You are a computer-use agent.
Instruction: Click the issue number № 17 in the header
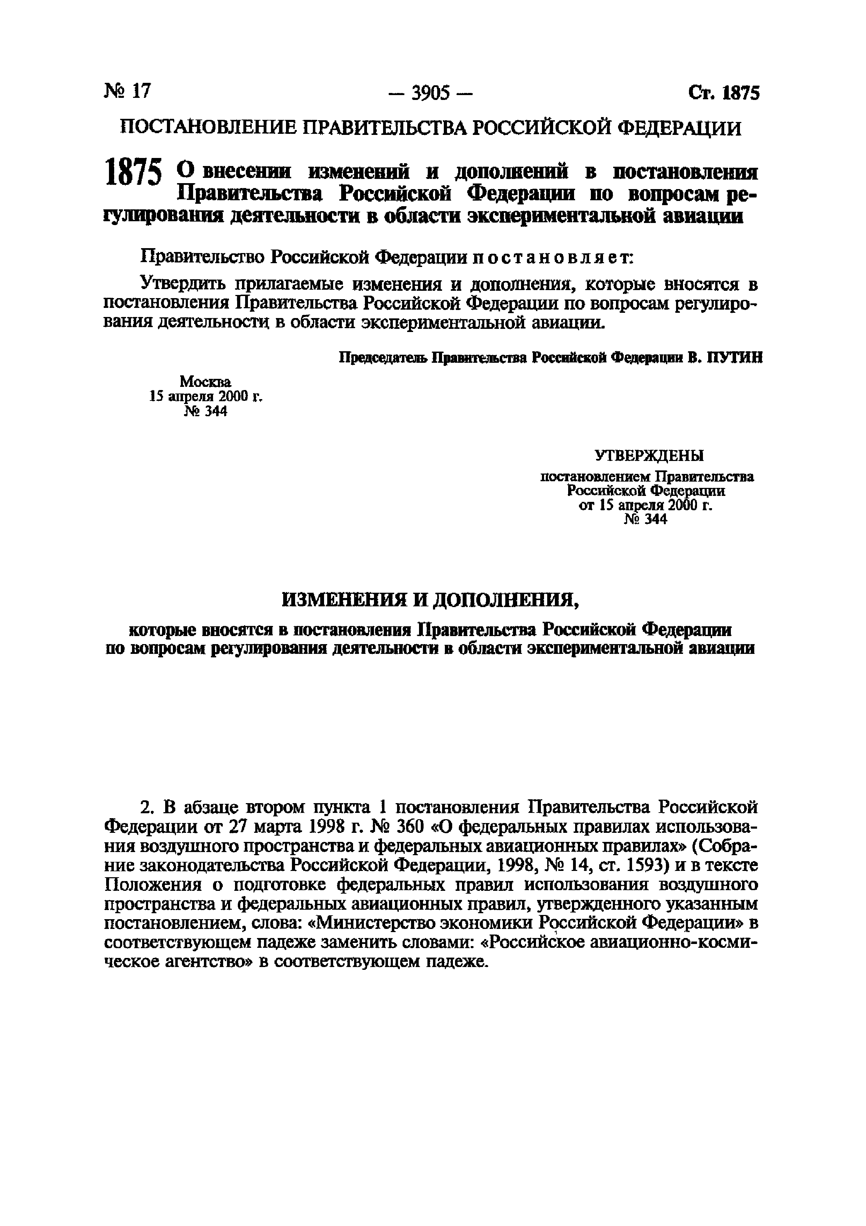[x=128, y=91]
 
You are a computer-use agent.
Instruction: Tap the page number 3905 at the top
[x=431, y=94]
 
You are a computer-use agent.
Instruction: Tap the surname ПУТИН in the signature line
[x=734, y=358]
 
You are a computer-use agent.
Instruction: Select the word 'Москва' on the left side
[x=205, y=381]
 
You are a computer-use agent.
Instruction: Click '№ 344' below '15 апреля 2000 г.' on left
[x=205, y=411]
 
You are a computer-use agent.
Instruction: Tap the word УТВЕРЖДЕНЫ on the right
[x=649, y=455]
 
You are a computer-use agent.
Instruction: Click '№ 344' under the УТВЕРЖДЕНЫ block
[x=646, y=519]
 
